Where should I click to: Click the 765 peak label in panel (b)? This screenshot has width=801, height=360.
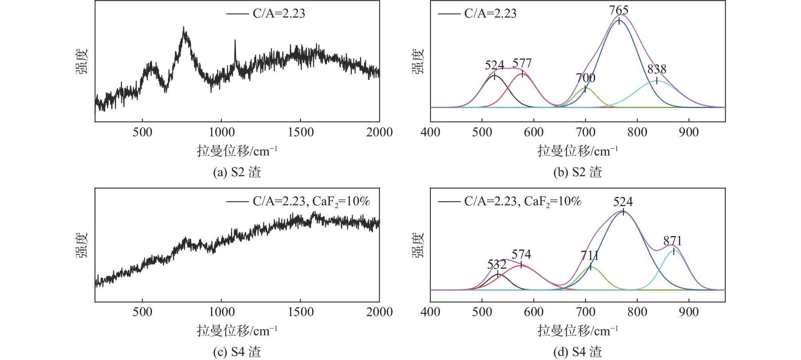click(619, 10)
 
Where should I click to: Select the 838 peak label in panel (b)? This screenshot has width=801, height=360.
click(657, 69)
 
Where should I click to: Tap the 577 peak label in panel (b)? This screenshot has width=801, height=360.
click(522, 63)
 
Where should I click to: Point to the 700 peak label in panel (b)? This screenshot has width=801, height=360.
click(585, 78)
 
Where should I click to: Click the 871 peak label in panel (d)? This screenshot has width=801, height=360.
click(673, 241)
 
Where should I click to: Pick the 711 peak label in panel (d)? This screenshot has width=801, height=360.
click(590, 256)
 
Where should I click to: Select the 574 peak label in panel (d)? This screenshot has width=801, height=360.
click(521, 254)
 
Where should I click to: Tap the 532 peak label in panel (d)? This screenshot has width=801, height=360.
click(497, 265)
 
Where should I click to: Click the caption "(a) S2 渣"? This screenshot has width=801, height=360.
click(237, 172)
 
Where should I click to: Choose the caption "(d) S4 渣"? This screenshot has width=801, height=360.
click(577, 352)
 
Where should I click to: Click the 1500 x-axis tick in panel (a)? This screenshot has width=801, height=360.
click(300, 132)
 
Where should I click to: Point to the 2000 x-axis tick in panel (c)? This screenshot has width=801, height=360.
click(379, 312)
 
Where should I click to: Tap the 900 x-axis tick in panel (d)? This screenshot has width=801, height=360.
click(689, 312)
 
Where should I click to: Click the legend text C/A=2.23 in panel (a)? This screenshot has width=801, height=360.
click(278, 14)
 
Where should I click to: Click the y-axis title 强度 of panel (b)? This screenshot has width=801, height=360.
click(418, 62)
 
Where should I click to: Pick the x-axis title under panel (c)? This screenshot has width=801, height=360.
click(237, 331)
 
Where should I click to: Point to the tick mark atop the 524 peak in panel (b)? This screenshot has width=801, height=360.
click(495, 76)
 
